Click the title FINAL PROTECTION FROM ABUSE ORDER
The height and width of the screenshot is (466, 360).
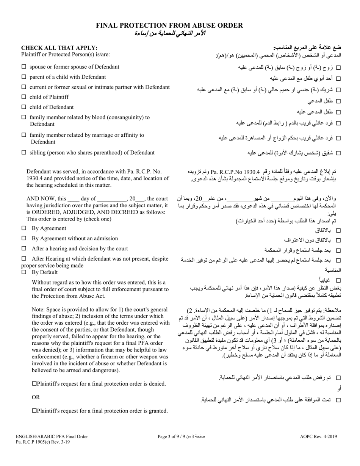click(x=169, y=25)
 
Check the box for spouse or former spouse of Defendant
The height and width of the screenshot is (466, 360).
click(x=24, y=67)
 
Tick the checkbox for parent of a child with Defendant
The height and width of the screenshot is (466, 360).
click(x=24, y=77)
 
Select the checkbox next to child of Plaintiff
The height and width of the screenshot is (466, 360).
click(x=24, y=97)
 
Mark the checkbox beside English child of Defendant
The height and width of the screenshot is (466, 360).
click(x=24, y=107)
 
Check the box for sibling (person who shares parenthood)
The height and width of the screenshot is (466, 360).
click(x=24, y=153)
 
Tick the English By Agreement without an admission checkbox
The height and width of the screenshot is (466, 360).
click(x=24, y=239)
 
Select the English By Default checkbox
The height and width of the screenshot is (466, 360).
click(x=24, y=272)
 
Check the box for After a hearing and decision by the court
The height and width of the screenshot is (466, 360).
click(x=24, y=249)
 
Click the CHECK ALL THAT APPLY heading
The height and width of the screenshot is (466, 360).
click(x=59, y=48)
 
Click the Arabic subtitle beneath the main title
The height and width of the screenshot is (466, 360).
click(x=169, y=33)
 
